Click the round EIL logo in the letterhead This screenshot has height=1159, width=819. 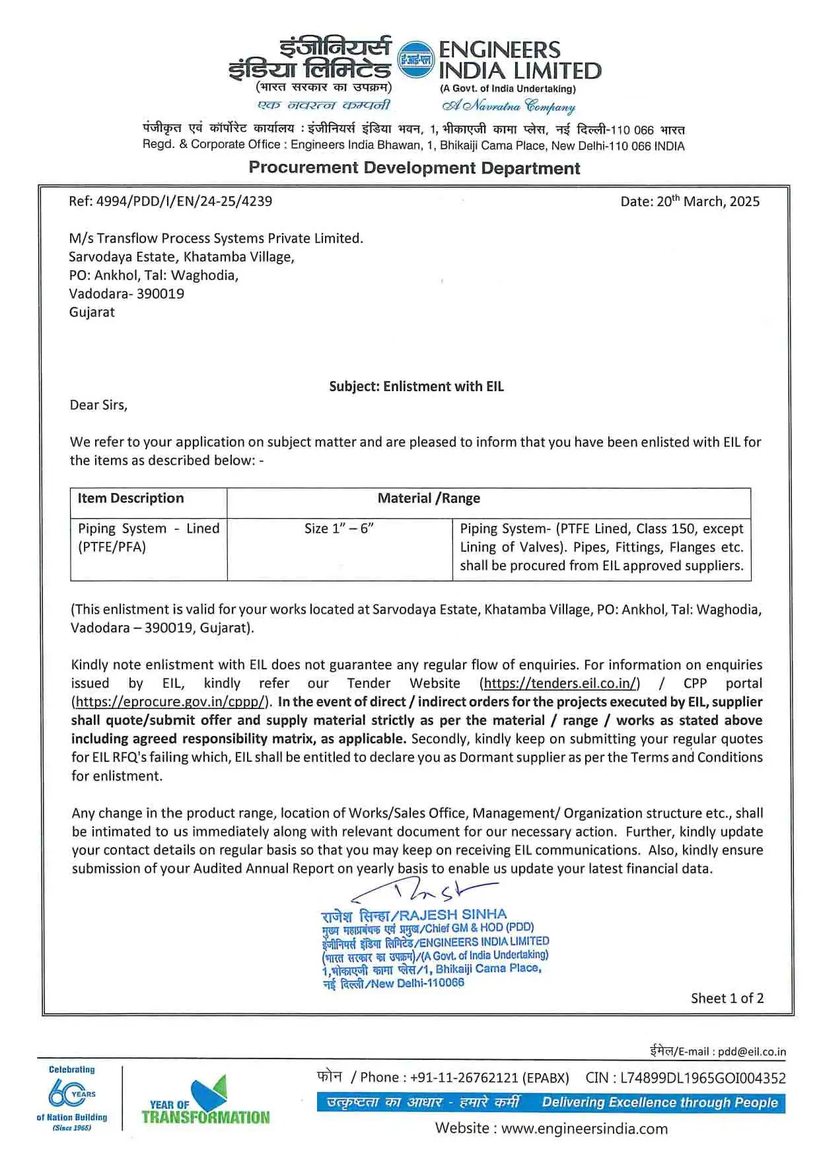[x=415, y=60]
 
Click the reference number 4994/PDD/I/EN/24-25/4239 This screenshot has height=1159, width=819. [x=184, y=202]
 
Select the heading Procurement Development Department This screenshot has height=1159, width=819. [x=414, y=168]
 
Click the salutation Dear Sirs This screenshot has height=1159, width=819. [x=98, y=405]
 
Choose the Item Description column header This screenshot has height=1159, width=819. [x=131, y=498]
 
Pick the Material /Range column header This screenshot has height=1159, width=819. [x=429, y=498]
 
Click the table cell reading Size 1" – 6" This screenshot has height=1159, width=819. [x=339, y=529]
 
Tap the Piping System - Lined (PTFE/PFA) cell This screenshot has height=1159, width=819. [x=148, y=538]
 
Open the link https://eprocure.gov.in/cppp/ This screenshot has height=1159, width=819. [x=171, y=702]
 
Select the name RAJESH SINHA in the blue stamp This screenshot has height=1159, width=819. [x=453, y=915]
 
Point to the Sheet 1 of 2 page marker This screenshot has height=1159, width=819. [x=727, y=998]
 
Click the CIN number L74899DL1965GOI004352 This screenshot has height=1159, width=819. [x=703, y=1078]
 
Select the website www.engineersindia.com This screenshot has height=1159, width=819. [x=584, y=1128]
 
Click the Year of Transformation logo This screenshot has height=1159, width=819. [x=205, y=1102]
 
